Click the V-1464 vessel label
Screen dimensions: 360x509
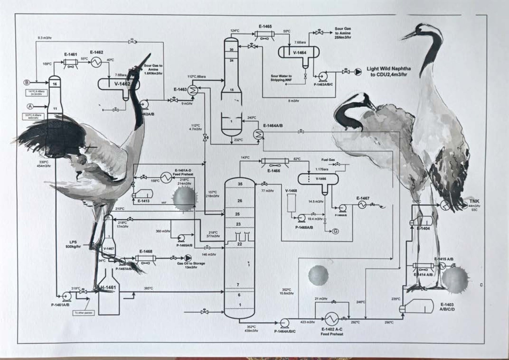(x=299, y=53)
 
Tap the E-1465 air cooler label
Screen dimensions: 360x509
(x=265, y=27)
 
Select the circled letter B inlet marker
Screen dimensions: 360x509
(x=27, y=82)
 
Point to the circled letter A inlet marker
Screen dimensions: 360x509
(x=30, y=106)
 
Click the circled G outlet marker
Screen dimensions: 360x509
(x=335, y=231)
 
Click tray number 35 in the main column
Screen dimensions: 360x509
(x=240, y=184)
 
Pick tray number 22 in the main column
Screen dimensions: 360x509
(x=240, y=244)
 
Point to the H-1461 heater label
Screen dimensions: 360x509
(x=108, y=287)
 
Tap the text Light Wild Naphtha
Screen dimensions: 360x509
(x=388, y=69)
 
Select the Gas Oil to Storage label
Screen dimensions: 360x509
(x=191, y=263)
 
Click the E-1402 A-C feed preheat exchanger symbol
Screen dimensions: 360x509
(x=331, y=319)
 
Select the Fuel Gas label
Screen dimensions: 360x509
(x=328, y=160)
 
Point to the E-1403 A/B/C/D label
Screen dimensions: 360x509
(x=447, y=307)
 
